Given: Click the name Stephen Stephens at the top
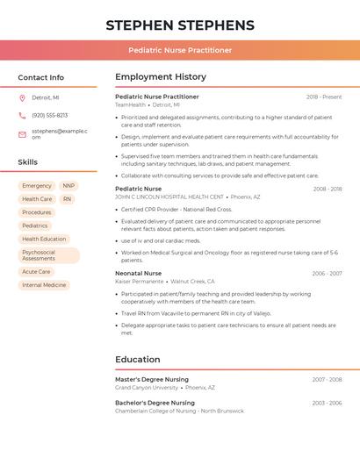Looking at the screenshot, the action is (180, 25).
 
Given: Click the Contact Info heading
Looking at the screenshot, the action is (41, 77).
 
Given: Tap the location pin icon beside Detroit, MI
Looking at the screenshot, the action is (22, 97).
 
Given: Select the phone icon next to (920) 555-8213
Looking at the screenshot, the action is (22, 115).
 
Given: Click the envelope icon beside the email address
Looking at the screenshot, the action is (22, 134).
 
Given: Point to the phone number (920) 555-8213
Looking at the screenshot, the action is (49, 115).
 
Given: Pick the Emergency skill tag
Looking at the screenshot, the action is (37, 186).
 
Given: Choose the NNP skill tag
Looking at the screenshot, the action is (68, 186).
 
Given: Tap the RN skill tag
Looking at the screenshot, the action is (67, 199).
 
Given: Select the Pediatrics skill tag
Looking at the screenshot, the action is (35, 225).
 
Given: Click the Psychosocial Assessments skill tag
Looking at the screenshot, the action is (48, 255).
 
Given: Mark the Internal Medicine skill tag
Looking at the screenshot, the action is (44, 285).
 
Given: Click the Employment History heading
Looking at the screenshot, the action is (161, 77).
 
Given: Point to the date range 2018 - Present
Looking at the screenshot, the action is (324, 97).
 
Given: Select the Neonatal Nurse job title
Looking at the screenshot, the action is (139, 273).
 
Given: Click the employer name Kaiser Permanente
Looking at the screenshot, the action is (140, 282).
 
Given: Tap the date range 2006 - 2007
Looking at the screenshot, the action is (327, 273).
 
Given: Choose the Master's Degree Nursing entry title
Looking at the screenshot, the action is (152, 379).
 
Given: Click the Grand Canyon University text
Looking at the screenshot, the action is (147, 388).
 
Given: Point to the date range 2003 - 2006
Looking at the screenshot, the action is (327, 403).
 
